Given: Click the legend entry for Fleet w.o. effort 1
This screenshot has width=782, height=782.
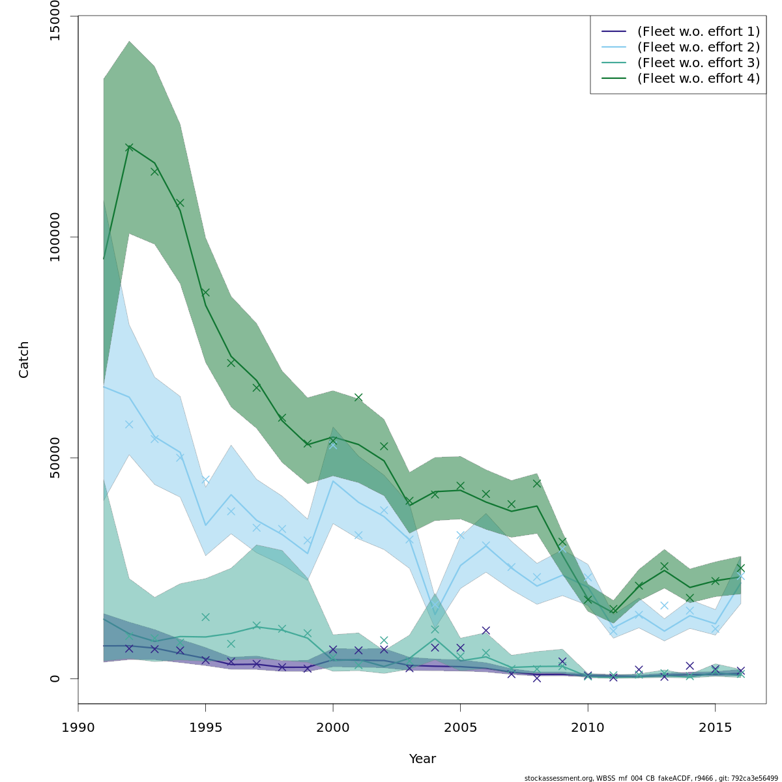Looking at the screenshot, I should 698,31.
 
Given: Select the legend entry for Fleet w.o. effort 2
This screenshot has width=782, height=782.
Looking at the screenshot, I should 698,47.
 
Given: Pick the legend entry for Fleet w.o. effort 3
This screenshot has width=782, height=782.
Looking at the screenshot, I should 698,63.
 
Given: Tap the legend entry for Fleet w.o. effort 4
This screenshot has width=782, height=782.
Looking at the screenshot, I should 698,78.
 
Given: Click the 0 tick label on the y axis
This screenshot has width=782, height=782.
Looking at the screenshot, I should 55,678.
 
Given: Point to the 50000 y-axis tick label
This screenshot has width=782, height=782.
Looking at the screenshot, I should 55,457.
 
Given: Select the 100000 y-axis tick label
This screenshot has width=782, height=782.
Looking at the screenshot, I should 55,237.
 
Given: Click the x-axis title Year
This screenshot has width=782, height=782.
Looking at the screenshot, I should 422,759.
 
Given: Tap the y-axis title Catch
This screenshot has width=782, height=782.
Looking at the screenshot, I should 24,359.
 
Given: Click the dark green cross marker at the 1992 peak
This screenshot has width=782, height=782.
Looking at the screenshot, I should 129,147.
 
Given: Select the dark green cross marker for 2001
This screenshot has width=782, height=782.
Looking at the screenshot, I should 358,397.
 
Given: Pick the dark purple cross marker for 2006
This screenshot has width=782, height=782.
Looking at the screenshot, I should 485,630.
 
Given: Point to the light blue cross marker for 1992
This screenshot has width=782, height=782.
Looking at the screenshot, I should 129,424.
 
